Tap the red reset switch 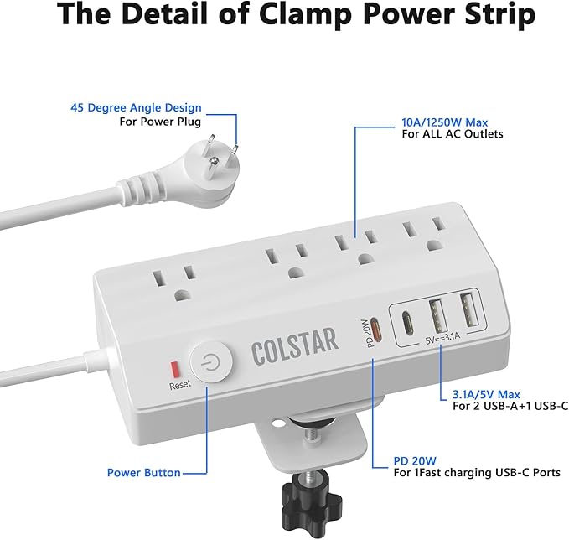pos(175,369)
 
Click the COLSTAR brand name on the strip pos(294,340)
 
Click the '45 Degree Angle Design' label pos(136,108)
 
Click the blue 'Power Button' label pos(143,472)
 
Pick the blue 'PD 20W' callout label pos(414,460)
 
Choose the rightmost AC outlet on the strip pos(422,236)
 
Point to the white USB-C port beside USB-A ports pos(408,321)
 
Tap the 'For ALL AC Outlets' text pos(452,133)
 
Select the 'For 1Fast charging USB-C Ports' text pos(477,473)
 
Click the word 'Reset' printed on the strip pos(181,386)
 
